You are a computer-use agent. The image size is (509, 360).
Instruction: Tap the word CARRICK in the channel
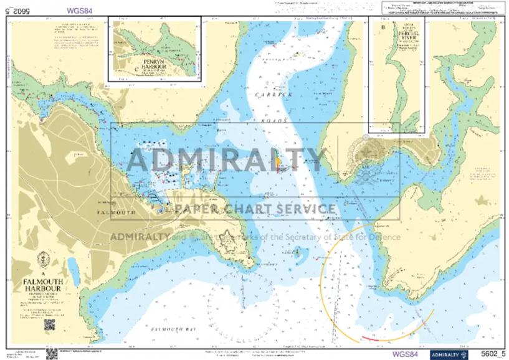pyautogui.click(x=274, y=94)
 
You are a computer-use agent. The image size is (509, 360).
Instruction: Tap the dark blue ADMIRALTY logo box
pyautogui.click(x=449, y=354)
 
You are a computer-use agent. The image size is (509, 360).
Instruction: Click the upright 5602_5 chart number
pyautogui.click(x=492, y=354)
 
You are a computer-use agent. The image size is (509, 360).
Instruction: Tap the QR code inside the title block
pyautogui.click(x=49, y=324)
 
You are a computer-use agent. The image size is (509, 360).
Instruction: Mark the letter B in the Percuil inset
pyautogui.click(x=383, y=27)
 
